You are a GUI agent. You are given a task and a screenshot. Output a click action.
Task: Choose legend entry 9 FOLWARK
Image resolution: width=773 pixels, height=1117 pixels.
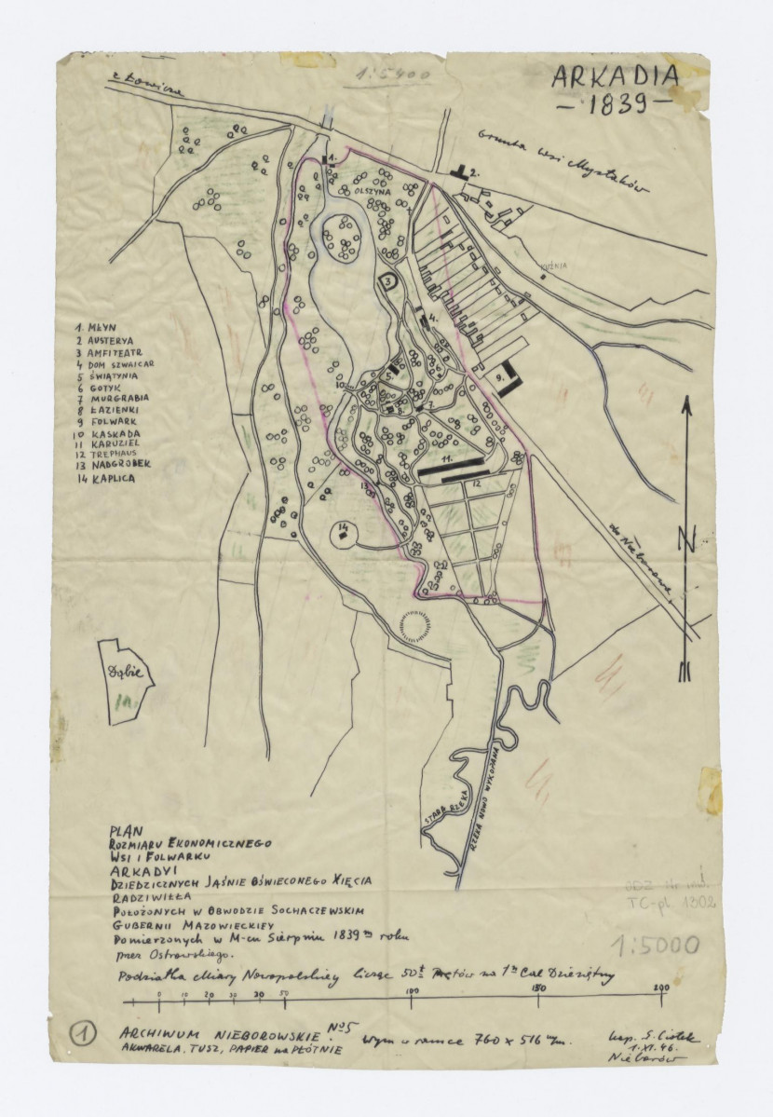(x=108, y=421)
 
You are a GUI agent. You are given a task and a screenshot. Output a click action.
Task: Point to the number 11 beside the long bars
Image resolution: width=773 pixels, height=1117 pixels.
(x=447, y=459)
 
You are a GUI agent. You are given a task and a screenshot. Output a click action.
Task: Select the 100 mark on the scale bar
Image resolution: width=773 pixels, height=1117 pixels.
(x=411, y=991)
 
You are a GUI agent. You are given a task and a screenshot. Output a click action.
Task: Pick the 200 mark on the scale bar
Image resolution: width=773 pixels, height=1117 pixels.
(x=661, y=988)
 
